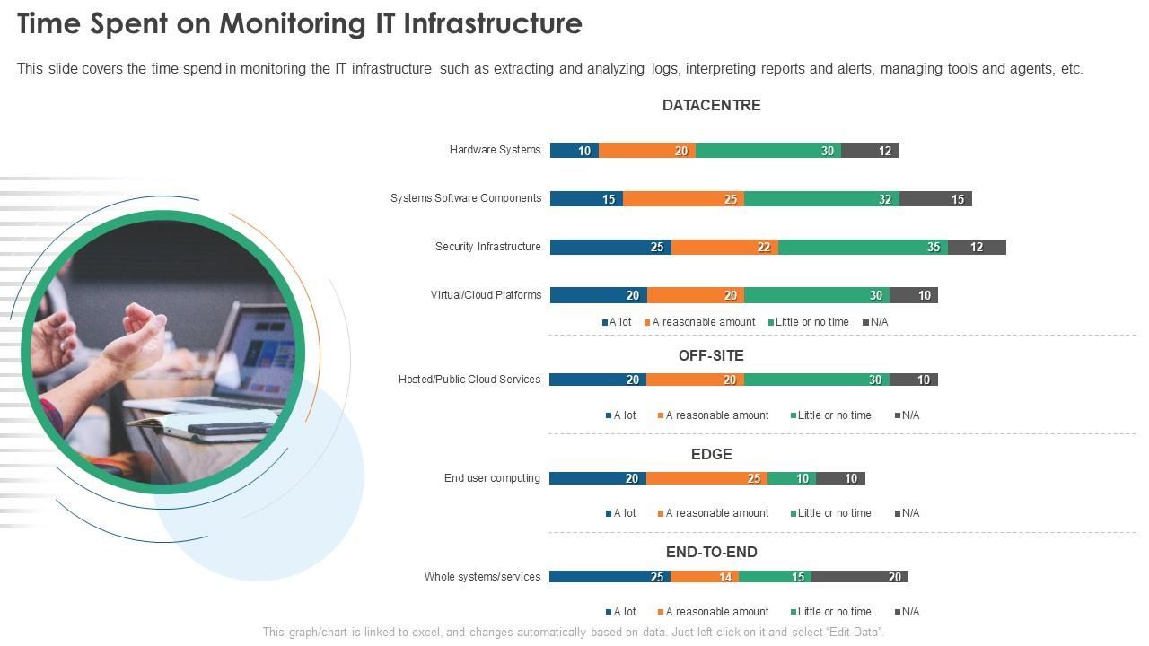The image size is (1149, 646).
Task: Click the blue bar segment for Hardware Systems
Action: point(574,151)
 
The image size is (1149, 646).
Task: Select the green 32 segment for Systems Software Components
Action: point(821,199)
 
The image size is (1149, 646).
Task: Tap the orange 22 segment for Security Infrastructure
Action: point(724,248)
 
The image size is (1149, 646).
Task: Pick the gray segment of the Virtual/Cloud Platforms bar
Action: point(914,295)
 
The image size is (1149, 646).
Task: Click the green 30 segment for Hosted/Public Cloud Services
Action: point(817,380)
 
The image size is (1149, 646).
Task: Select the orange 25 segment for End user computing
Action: point(706,478)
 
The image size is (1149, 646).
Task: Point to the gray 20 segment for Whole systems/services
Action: point(860,577)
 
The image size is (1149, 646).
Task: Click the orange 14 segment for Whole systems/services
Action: point(705,577)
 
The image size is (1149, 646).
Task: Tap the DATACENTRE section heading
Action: point(711,105)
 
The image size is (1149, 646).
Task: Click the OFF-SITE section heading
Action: point(711,355)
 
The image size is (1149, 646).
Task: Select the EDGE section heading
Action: point(711,454)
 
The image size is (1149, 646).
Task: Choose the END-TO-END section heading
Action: point(711,552)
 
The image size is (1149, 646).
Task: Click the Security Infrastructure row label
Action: point(487,247)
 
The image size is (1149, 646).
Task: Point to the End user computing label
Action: point(492,478)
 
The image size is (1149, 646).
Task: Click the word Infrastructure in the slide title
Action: point(492,23)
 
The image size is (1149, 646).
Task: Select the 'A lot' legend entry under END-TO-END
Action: point(620,612)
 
